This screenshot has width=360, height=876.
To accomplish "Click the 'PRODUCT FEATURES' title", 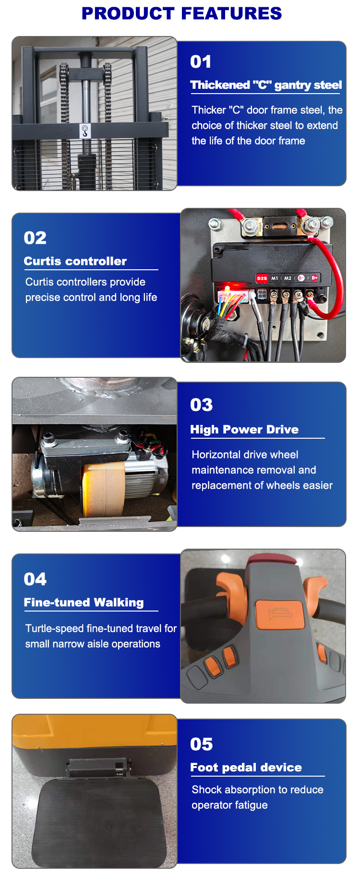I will point(181,13).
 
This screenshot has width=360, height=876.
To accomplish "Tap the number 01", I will point(201,62).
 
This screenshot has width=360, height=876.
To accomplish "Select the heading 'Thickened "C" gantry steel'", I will point(266,85).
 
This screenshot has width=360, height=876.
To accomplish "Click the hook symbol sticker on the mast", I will point(85,131).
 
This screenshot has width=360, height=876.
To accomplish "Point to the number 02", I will point(35,238).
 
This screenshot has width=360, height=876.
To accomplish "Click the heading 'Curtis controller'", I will point(75,261).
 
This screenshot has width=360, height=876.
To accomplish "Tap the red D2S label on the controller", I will point(262,278).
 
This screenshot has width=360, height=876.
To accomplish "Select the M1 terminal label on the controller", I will point(275,278).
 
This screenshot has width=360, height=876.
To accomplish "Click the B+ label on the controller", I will point(314,278).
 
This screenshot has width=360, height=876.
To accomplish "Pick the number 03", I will point(201,405).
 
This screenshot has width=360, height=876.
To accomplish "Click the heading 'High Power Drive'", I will point(244,430).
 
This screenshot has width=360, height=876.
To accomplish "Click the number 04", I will point(35,579).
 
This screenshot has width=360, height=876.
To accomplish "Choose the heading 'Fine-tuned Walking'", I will point(84,602).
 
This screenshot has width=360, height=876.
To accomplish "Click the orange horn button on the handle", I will point(280,615).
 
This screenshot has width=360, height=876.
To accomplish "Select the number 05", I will point(201,744).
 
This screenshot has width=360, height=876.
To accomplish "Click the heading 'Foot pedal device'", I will point(246,768).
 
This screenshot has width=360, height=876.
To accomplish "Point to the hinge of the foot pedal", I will point(98,768).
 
